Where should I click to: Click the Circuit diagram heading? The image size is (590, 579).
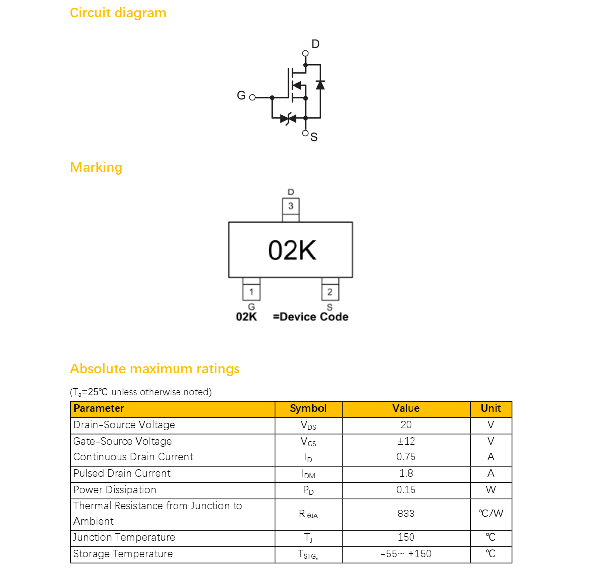click(118, 13)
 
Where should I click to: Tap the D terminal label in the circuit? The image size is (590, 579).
click(316, 44)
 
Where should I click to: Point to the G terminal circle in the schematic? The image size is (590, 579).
click(252, 98)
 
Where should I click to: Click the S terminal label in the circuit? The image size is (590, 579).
click(314, 137)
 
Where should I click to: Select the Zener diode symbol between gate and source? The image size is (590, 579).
click(289, 119)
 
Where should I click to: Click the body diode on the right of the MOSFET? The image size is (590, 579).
click(320, 85)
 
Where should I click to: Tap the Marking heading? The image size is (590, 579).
click(96, 167)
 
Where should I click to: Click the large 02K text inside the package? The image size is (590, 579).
click(293, 251)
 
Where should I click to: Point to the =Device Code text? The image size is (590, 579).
click(310, 317)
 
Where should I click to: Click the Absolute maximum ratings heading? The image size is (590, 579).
click(155, 369)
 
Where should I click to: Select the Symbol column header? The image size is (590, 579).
click(308, 408)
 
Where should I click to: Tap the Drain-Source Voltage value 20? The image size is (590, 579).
click(406, 425)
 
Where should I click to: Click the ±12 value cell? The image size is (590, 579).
click(406, 441)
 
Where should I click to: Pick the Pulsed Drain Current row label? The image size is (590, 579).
click(122, 474)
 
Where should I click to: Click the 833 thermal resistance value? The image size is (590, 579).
click(406, 514)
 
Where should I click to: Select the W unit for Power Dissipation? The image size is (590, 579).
click(491, 490)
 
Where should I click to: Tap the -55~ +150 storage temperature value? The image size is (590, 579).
click(406, 554)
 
